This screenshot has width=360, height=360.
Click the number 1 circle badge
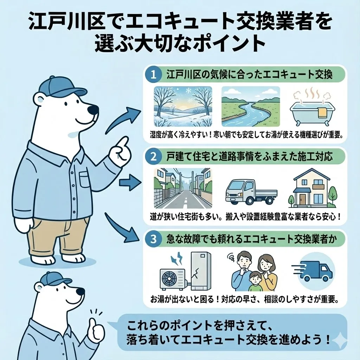point(154,75)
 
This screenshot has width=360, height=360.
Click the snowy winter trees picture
point(183,106)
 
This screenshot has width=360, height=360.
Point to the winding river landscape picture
point(250,106)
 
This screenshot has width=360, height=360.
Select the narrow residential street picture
point(183,188)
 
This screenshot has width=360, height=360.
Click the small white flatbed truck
point(250,192)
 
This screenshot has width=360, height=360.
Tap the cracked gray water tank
point(200,270)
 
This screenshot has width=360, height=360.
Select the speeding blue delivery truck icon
point(314,271)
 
